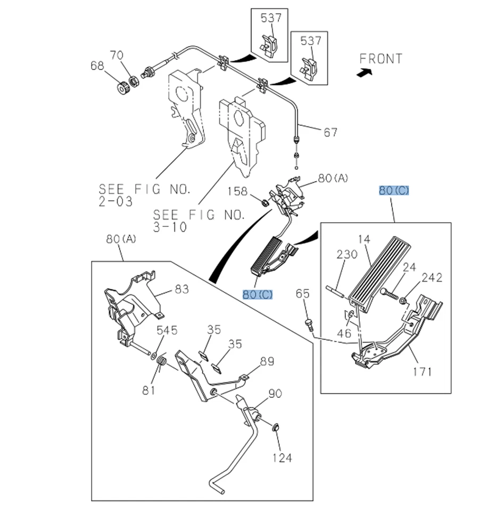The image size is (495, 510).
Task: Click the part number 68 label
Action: [x=97, y=66]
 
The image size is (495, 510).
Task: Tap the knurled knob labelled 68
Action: [x=122, y=87]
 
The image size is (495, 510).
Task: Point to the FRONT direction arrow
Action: [x=364, y=74]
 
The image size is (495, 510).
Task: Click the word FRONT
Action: [x=381, y=58]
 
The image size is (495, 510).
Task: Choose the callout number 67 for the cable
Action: [x=330, y=131]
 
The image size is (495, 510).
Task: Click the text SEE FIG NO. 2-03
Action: [x=144, y=195]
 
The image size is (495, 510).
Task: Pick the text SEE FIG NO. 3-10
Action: [x=199, y=221]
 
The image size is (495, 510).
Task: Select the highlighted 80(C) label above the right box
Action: [x=394, y=190]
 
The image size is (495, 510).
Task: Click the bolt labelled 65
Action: [x=308, y=324]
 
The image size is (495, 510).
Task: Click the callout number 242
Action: [x=432, y=277]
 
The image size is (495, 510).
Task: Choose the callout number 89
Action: [x=267, y=362]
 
